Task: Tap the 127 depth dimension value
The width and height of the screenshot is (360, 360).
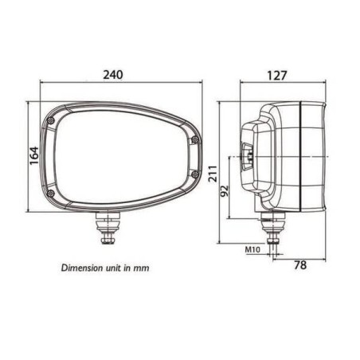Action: point(279,76)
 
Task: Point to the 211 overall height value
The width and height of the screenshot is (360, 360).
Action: point(213,174)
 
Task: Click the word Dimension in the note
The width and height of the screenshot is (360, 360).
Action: point(81,268)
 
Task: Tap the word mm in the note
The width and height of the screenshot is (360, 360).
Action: point(143,268)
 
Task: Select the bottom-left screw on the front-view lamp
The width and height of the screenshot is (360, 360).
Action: point(50,195)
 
